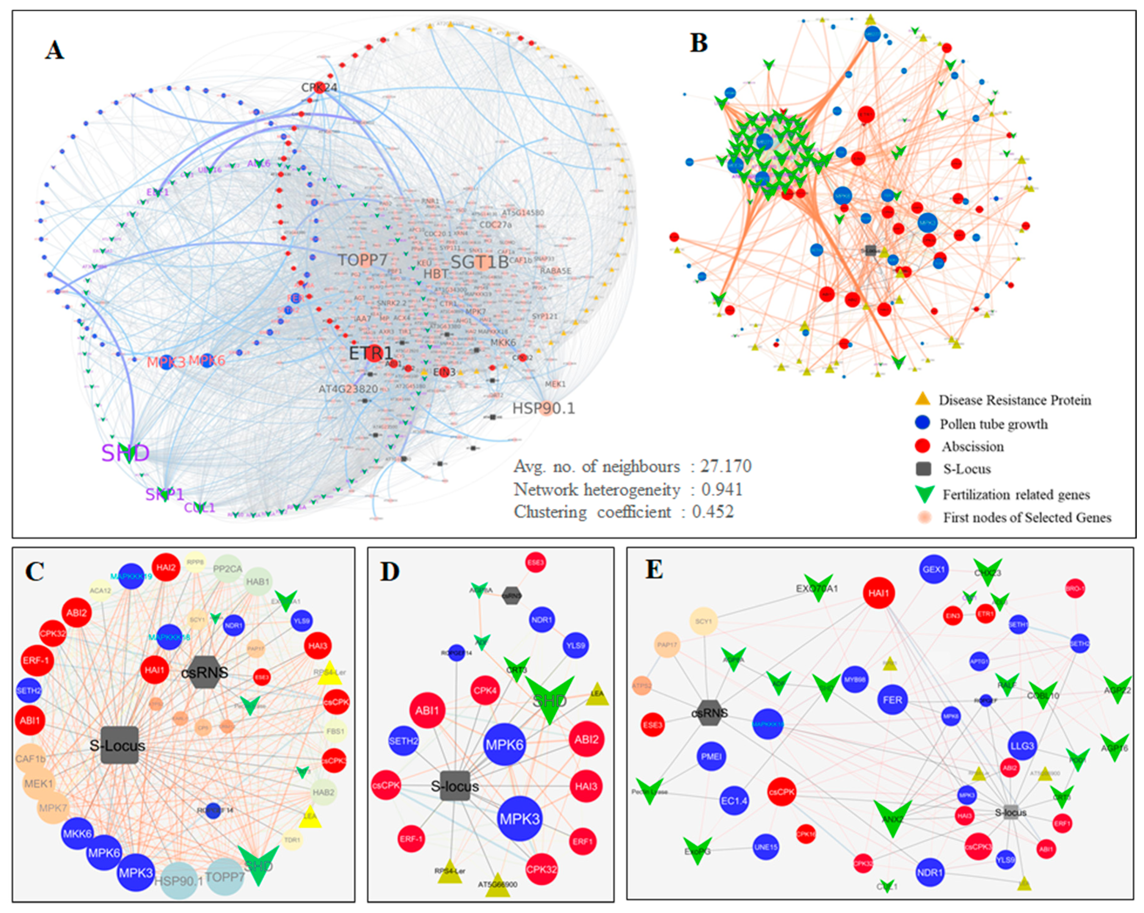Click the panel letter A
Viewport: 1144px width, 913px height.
(x=54, y=51)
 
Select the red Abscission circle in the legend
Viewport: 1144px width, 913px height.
(x=923, y=446)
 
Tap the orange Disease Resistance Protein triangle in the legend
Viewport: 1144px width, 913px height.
(x=923, y=399)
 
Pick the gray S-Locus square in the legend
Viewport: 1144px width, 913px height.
(x=923, y=468)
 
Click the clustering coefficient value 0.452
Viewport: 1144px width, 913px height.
(x=713, y=512)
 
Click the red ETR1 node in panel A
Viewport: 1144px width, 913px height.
(x=373, y=353)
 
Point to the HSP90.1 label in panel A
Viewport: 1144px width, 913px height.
(x=543, y=408)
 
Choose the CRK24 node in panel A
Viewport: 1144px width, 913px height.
(x=319, y=87)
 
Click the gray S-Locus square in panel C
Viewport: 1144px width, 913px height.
(x=120, y=745)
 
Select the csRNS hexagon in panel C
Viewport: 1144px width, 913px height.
(x=205, y=672)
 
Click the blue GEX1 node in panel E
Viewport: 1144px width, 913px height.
(x=933, y=569)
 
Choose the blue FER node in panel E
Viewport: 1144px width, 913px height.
(x=892, y=700)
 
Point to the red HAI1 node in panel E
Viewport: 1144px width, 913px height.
(x=879, y=593)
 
